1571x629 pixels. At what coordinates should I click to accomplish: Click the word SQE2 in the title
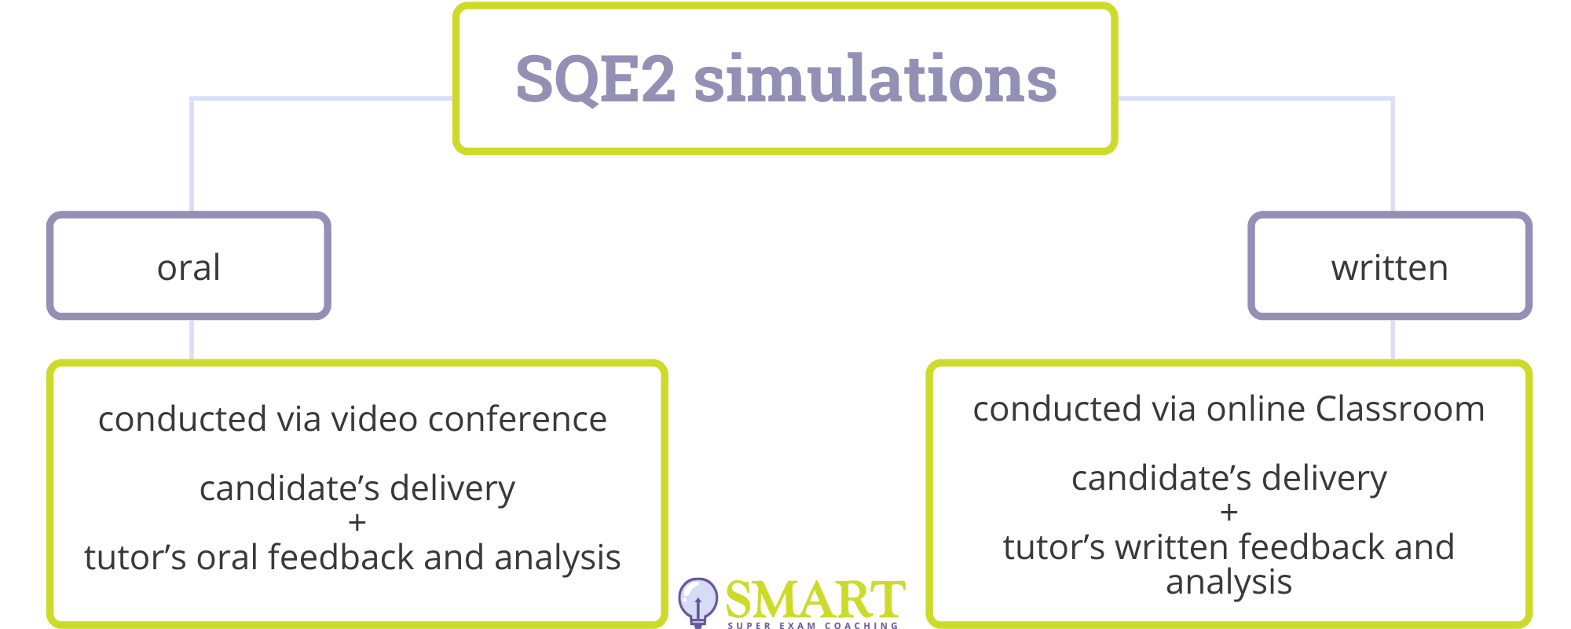[x=595, y=79]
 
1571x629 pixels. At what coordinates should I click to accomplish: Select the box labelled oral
[x=189, y=266]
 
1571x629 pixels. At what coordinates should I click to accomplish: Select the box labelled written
[x=1390, y=266]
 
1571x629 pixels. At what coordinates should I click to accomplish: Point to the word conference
[x=517, y=419]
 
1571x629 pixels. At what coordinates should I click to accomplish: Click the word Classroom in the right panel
[x=1400, y=409]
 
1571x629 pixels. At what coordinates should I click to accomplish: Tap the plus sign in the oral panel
[x=357, y=522]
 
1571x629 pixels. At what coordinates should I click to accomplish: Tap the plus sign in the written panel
[x=1229, y=513]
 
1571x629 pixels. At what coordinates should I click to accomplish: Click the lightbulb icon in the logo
[x=698, y=601]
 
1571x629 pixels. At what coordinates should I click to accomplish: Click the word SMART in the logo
[x=815, y=600]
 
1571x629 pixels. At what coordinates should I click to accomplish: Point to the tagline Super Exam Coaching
[x=813, y=626]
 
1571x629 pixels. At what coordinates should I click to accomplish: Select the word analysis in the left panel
[x=558, y=558]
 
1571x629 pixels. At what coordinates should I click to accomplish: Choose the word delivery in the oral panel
[x=452, y=489]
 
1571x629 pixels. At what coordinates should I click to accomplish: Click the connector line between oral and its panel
[x=192, y=340]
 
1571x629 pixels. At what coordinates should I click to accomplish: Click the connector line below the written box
[x=1393, y=340]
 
